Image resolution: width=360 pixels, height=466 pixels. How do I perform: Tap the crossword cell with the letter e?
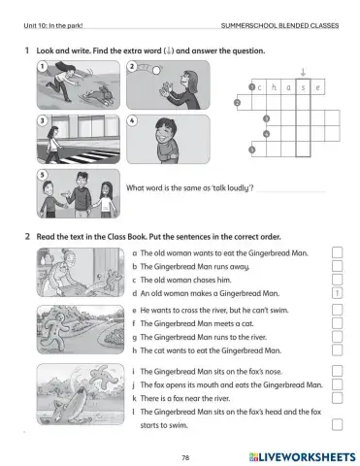[x=319, y=88]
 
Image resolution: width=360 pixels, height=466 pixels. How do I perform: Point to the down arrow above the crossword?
[x=304, y=70]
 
